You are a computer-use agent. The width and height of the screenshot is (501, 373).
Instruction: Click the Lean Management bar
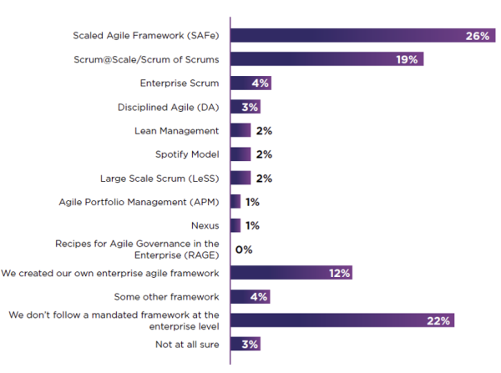coord(240,130)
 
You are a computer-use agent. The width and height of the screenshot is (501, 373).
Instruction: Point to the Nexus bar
coord(235,225)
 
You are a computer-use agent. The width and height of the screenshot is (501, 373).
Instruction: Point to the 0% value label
coord(244,250)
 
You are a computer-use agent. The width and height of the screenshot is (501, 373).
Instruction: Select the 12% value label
coord(340,273)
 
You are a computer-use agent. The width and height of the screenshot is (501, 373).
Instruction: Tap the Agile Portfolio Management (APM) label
coord(139,202)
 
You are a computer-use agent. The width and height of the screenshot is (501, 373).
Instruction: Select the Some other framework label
coord(166,296)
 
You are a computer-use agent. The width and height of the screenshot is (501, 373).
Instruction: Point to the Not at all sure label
coord(187,344)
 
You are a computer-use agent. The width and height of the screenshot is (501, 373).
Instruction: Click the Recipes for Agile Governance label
coord(137,249)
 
